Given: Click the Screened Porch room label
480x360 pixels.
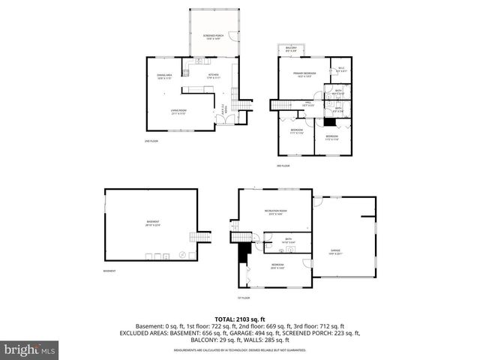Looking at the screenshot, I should click(x=213, y=37).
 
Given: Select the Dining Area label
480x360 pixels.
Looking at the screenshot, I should click(x=165, y=76).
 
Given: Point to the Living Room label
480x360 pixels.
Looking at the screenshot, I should click(x=178, y=112).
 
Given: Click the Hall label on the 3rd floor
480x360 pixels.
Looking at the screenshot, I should click(x=307, y=104).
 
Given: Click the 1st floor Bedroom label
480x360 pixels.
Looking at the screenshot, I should click(x=277, y=266).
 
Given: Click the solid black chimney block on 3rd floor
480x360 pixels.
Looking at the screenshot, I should click(x=329, y=121).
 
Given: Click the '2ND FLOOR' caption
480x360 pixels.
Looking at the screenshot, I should click(x=151, y=141).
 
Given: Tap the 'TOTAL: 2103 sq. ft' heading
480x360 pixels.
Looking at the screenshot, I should click(x=240, y=319).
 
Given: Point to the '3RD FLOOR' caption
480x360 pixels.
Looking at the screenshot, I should click(x=283, y=165).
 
